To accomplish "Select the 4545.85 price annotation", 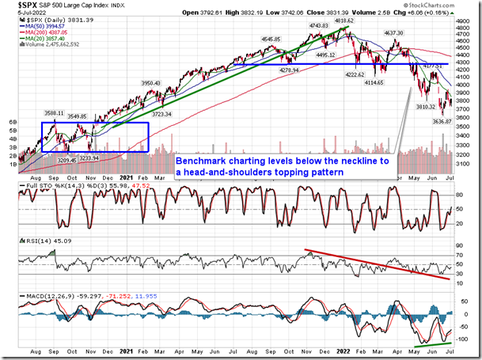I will [272, 38].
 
